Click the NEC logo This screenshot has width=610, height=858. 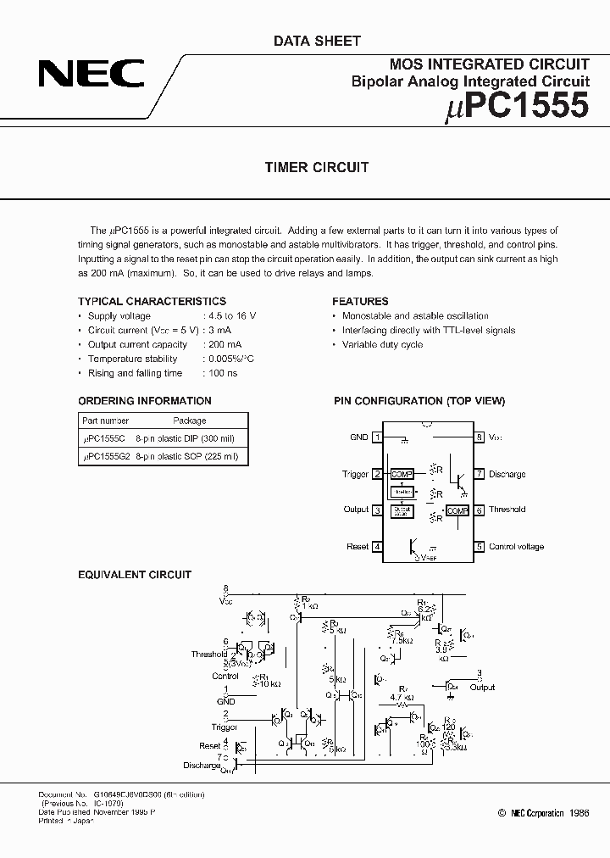(x=91, y=74)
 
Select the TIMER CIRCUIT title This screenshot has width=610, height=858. (x=317, y=167)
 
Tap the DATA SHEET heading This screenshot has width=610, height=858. (x=317, y=41)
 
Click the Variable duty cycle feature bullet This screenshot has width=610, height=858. (x=382, y=344)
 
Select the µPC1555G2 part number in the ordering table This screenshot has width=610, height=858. (x=104, y=456)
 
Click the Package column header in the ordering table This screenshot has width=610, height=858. (x=190, y=421)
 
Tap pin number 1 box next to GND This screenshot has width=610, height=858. (x=377, y=437)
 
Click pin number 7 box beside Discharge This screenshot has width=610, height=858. (x=479, y=474)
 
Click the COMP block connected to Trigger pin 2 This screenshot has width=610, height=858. (x=402, y=474)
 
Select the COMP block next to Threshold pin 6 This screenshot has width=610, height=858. (x=457, y=510)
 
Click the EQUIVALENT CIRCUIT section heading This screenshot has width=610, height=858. (x=135, y=575)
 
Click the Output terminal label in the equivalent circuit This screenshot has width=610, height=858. (x=483, y=688)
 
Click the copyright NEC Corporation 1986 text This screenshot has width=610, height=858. (x=543, y=812)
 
